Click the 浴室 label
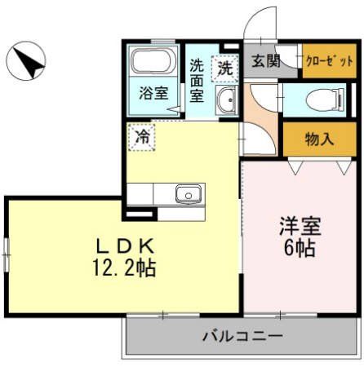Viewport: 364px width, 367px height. coord(153,91)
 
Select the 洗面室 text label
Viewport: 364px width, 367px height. coord(197,80)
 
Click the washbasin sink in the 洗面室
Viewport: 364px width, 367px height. coord(226,102)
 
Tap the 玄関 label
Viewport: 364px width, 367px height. coord(264,60)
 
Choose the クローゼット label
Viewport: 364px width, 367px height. coord(329,61)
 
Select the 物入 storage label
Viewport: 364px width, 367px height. coord(319,138)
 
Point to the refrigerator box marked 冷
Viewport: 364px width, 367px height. coord(142,135)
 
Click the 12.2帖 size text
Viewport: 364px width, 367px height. coord(125,266)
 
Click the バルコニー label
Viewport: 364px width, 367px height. coord(242,335)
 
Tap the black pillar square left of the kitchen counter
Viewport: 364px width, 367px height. coord(127,214)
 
